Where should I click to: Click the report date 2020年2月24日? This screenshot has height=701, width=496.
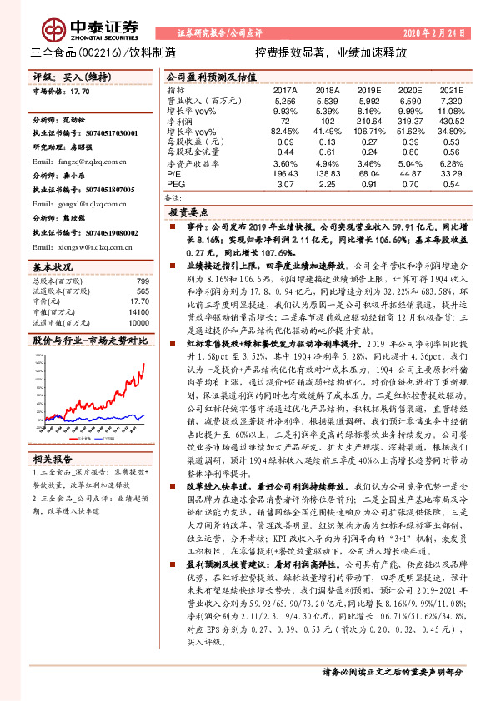(434, 33)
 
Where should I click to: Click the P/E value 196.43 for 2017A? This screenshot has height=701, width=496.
(286, 174)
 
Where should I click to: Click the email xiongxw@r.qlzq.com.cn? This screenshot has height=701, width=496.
(77, 247)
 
